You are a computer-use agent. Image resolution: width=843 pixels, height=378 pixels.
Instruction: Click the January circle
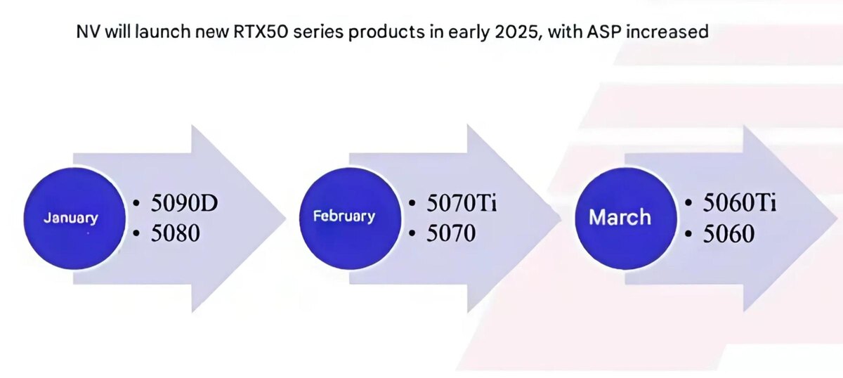click(x=74, y=219)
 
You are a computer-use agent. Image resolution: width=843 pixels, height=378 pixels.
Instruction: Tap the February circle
click(x=350, y=219)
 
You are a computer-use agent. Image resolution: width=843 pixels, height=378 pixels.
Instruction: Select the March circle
click(x=626, y=219)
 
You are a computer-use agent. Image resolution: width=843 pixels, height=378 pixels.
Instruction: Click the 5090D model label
click(x=184, y=202)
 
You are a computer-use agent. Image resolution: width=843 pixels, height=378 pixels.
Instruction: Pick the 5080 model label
click(x=176, y=233)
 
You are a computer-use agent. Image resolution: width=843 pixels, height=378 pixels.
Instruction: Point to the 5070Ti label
click(x=462, y=202)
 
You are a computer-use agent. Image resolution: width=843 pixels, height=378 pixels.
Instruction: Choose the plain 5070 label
click(x=451, y=233)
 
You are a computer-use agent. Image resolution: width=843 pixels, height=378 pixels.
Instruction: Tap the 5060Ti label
click(x=740, y=202)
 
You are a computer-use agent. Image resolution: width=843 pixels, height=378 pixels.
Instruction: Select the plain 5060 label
click(x=728, y=233)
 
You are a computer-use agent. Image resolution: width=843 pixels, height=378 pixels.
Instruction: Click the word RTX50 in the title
click(x=261, y=32)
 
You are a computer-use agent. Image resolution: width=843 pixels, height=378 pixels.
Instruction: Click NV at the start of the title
click(x=88, y=32)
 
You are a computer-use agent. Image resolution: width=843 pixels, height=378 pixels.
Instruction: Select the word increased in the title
click(x=667, y=32)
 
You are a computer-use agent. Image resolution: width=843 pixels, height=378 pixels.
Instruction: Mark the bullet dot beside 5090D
click(x=136, y=203)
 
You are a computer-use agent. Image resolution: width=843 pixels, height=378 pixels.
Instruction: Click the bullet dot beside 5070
click(x=412, y=233)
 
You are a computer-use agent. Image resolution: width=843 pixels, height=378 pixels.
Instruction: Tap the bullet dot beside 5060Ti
click(x=688, y=203)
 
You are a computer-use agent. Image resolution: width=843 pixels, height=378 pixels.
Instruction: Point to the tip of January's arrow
click(x=286, y=219)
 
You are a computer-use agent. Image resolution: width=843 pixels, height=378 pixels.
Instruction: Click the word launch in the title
click(x=163, y=32)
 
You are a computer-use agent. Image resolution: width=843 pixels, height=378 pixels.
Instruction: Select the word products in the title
click(x=386, y=33)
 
